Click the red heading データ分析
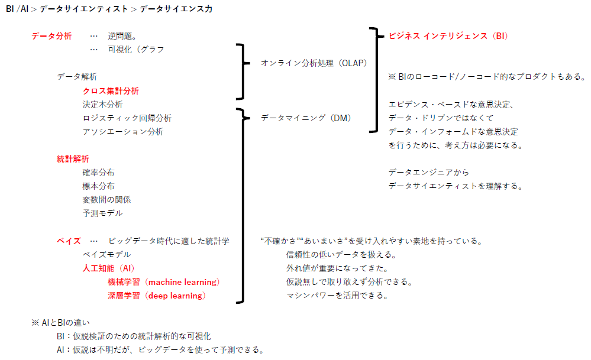(51, 36)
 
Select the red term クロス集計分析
(111, 91)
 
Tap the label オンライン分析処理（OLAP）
(314, 63)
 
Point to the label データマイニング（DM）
(306, 118)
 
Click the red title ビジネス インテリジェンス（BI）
(448, 36)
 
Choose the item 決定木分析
(102, 105)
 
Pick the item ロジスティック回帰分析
(127, 118)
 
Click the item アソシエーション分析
(122, 132)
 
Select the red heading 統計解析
(73, 159)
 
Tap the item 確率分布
(98, 173)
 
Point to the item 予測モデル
(102, 213)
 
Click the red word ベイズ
(69, 241)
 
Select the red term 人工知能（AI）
(108, 268)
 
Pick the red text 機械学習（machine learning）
(163, 282)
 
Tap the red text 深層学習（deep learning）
(156, 296)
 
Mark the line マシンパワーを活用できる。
(337, 296)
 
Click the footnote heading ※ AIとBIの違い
(61, 323)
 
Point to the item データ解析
(77, 77)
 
